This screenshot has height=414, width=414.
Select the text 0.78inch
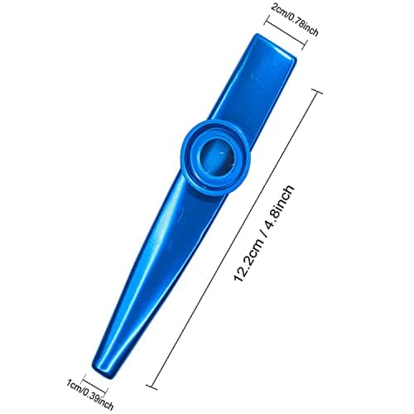point(302,23)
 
